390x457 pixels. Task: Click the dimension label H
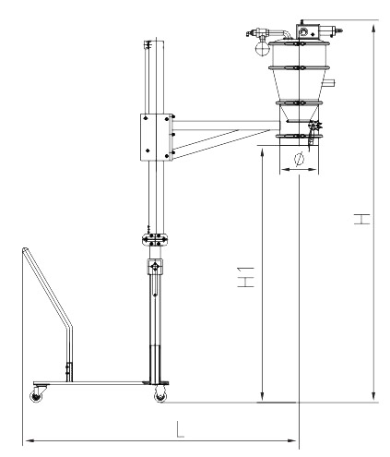click(361, 219)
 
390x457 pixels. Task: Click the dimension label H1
click(246, 277)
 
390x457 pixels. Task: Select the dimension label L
click(180, 429)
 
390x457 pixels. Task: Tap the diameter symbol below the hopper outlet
click(299, 159)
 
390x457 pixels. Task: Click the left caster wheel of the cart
click(36, 396)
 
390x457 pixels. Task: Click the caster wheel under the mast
click(160, 395)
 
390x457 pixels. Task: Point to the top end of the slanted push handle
click(25, 249)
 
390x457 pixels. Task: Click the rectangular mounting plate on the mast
click(156, 137)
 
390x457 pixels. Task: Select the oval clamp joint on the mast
click(155, 239)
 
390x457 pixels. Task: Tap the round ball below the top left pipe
click(262, 48)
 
